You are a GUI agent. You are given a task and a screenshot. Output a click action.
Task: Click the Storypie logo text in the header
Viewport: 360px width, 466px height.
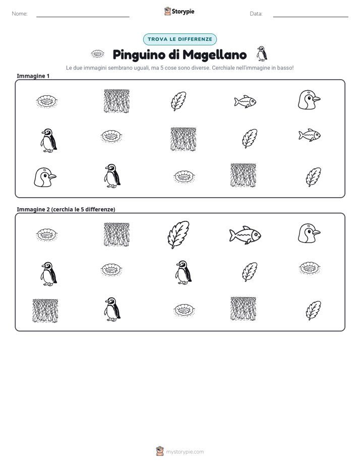point(183,12)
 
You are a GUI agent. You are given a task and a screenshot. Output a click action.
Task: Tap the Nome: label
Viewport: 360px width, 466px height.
point(20,14)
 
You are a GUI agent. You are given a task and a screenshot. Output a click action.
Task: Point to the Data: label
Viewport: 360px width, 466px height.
point(256,14)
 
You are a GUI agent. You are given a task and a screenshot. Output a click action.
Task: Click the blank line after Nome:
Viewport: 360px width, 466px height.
point(83,17)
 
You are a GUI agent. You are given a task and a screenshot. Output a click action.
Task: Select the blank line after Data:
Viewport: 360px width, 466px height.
point(311,17)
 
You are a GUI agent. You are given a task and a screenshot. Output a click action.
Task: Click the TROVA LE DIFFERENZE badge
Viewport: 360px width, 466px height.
point(180,39)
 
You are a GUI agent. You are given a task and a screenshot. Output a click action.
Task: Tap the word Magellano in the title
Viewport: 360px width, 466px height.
point(214,55)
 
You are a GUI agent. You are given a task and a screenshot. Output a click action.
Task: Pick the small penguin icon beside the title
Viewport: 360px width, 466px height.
point(262,53)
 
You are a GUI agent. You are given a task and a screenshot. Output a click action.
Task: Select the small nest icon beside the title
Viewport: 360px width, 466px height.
point(97,54)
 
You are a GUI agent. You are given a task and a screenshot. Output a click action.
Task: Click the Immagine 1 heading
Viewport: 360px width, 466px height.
point(33,76)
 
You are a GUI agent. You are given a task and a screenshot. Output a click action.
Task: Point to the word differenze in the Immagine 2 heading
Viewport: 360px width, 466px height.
point(99,209)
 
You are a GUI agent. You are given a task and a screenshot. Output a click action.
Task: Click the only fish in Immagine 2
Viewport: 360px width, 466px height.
point(245,235)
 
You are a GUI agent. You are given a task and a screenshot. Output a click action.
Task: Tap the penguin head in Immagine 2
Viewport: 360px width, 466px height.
point(309,234)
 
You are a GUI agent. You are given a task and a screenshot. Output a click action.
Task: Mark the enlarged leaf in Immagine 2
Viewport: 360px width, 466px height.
point(178,235)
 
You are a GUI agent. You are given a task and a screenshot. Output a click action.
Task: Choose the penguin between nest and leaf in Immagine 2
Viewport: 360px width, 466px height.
point(183,272)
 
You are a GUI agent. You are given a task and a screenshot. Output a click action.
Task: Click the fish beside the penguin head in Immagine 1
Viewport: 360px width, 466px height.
point(245,102)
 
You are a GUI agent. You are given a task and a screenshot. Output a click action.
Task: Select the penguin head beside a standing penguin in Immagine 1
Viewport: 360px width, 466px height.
point(45,177)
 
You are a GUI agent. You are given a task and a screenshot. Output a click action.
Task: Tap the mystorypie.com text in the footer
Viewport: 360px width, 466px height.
point(185,452)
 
